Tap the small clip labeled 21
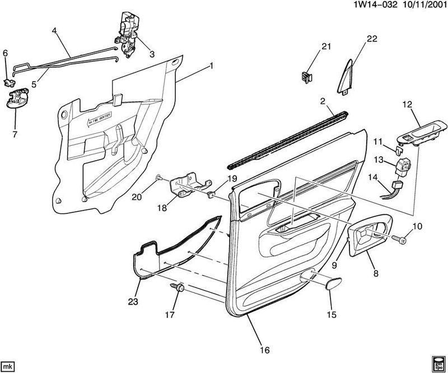click(x=306, y=77)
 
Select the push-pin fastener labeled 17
click(x=179, y=288)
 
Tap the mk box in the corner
click(x=8, y=366)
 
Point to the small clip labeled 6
click(x=8, y=83)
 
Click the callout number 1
click(x=211, y=66)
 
